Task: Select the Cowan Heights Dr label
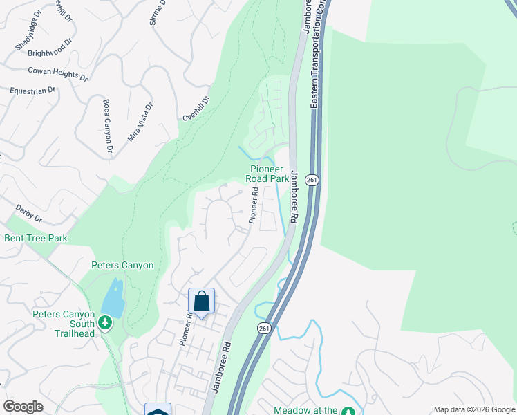coord(58,74)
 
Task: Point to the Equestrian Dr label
coord(32,91)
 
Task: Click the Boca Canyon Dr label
coord(107,127)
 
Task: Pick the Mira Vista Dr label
coord(140,123)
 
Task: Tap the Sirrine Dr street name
coord(158,12)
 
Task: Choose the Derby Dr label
coord(28,214)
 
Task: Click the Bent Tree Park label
coord(35,238)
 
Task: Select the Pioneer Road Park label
coord(267,174)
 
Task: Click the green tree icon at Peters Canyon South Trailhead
coord(105,323)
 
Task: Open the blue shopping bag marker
coord(201,301)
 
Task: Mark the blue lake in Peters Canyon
coord(112,299)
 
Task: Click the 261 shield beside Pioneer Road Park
coord(313,180)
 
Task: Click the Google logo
coord(23,407)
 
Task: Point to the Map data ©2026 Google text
coord(473,409)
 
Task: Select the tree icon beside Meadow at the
coord(348,411)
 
